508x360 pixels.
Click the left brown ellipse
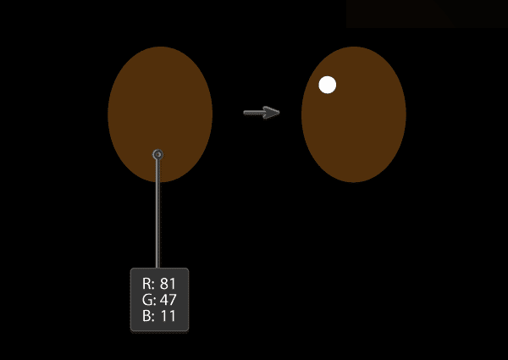point(160,114)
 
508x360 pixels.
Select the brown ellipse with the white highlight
point(354,114)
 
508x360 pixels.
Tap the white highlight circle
point(327,85)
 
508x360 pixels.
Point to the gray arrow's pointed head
point(279,113)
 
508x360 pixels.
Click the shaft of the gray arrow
point(254,113)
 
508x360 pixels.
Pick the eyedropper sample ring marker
point(157,154)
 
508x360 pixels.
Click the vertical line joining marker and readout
point(157,213)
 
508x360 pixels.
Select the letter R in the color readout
point(146,284)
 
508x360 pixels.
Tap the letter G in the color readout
point(146,300)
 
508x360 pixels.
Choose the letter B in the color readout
point(146,316)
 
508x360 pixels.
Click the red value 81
point(168,284)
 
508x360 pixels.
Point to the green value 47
point(168,300)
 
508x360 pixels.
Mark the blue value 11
point(168,316)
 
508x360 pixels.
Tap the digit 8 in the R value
point(164,284)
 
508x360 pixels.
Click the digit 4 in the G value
point(163,300)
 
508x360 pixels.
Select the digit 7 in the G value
point(173,300)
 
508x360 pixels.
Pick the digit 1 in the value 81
point(173,284)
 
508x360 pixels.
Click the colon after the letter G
point(154,302)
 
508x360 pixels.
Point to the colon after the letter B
point(152,318)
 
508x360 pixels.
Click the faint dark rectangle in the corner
point(427,14)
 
